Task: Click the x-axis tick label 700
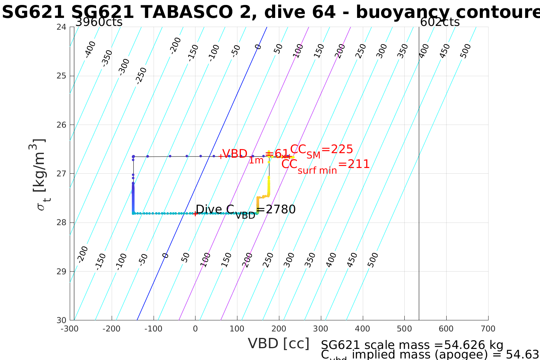tap(488, 329)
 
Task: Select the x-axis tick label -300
tap(69, 329)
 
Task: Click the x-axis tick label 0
tap(195, 329)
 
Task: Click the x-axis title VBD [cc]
tap(279, 344)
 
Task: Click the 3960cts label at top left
tap(99, 22)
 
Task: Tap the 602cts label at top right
tap(440, 22)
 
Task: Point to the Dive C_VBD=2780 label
tap(245, 210)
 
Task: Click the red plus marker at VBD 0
tap(195, 214)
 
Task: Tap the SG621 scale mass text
tap(412, 345)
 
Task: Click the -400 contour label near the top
tap(90, 50)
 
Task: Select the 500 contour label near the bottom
tap(373, 260)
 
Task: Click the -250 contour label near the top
tap(141, 75)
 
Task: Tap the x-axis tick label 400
tap(362, 329)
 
